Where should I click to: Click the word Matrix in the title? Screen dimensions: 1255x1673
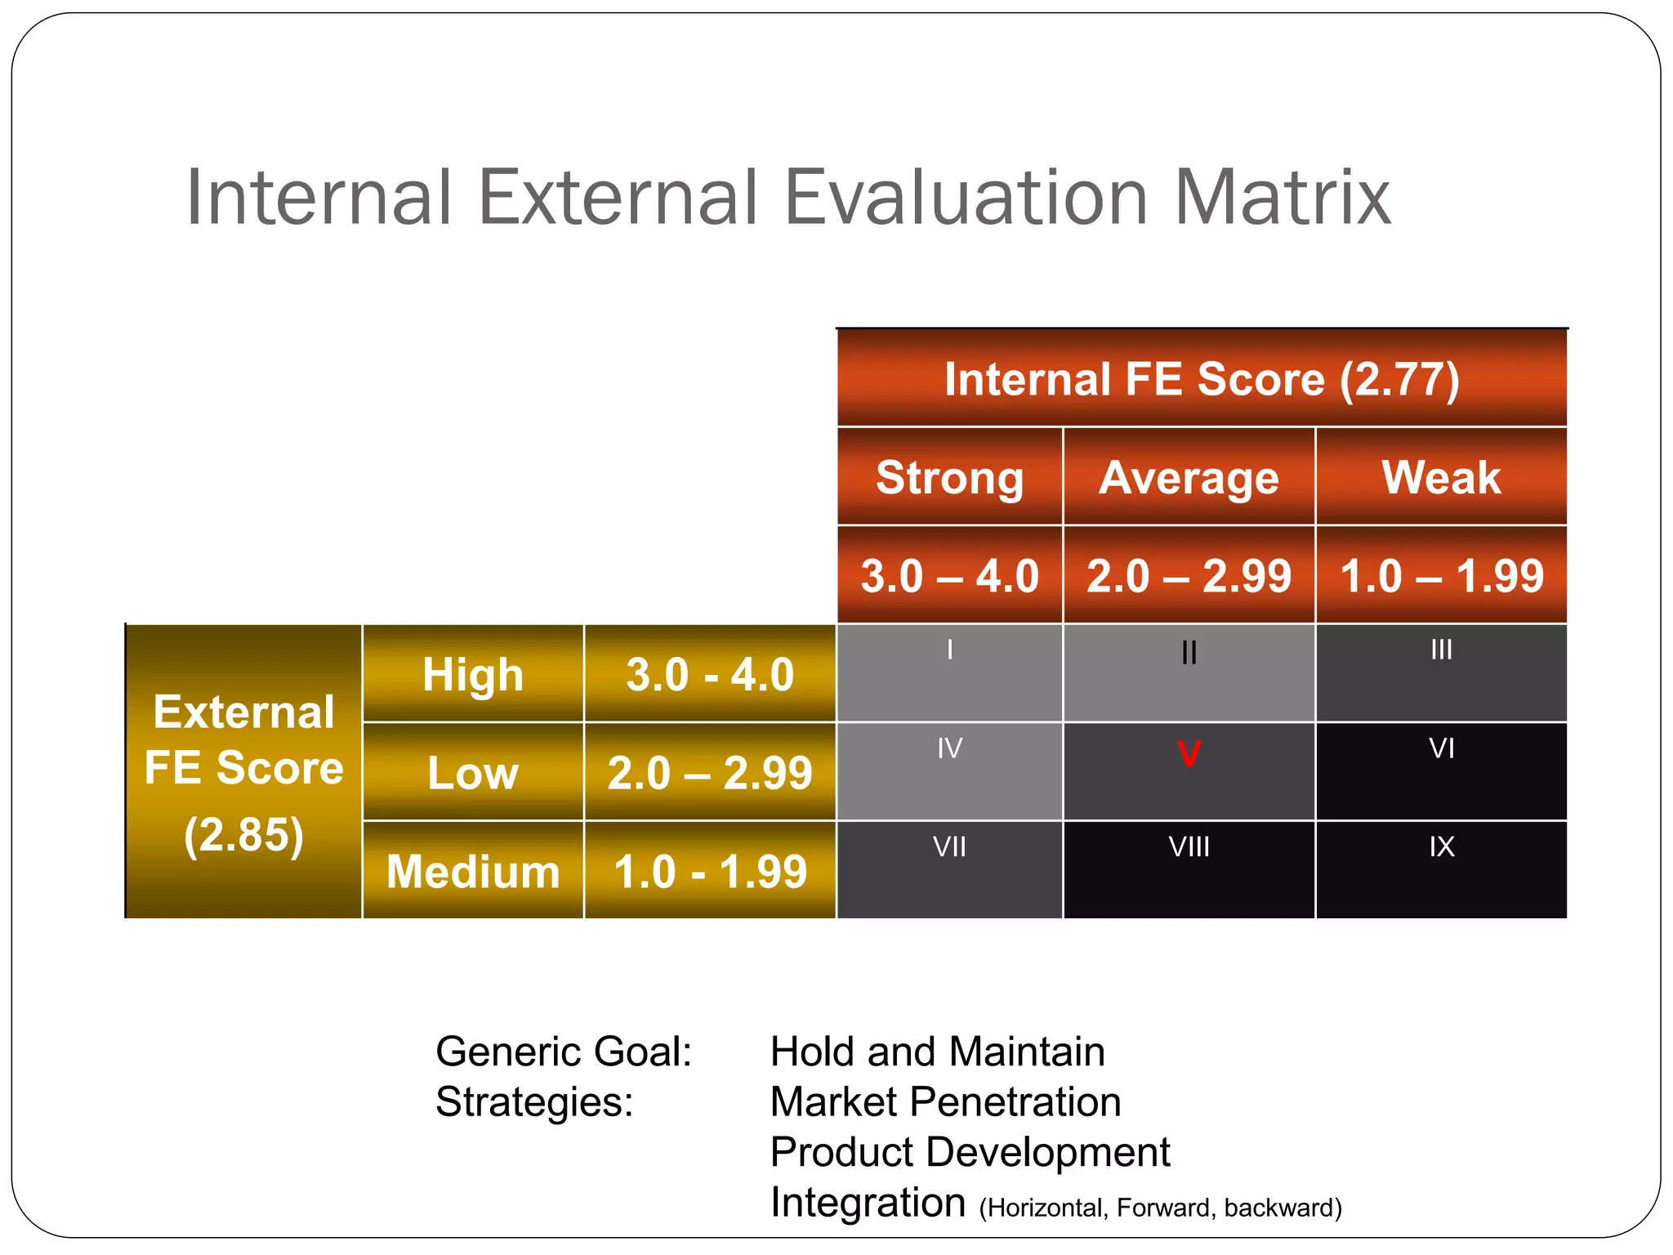point(1283,198)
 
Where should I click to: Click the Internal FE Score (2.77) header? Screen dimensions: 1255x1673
point(1202,380)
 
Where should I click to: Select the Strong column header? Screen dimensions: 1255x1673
point(949,477)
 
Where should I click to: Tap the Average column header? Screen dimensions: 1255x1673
point(1189,477)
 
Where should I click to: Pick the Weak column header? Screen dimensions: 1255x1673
point(1441,477)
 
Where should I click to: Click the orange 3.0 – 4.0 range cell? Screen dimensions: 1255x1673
point(949,576)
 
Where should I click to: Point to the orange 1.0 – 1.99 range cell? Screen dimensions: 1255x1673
point(1441,576)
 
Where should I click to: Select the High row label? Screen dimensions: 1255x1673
point(473,675)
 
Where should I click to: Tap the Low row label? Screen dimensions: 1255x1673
point(473,773)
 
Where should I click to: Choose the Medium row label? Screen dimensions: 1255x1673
point(473,871)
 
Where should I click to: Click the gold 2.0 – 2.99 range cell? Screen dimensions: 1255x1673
point(710,773)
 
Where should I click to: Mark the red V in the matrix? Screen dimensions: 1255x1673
point(1189,753)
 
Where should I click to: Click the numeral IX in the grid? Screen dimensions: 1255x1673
point(1441,846)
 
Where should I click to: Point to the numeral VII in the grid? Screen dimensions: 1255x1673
point(949,846)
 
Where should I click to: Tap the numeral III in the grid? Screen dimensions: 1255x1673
point(1441,650)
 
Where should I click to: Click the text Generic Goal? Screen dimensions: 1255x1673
point(564,1052)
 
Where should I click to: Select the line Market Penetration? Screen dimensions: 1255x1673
point(945,1101)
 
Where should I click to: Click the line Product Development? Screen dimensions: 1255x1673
point(970,1152)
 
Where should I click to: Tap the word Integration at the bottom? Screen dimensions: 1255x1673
point(868,1203)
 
